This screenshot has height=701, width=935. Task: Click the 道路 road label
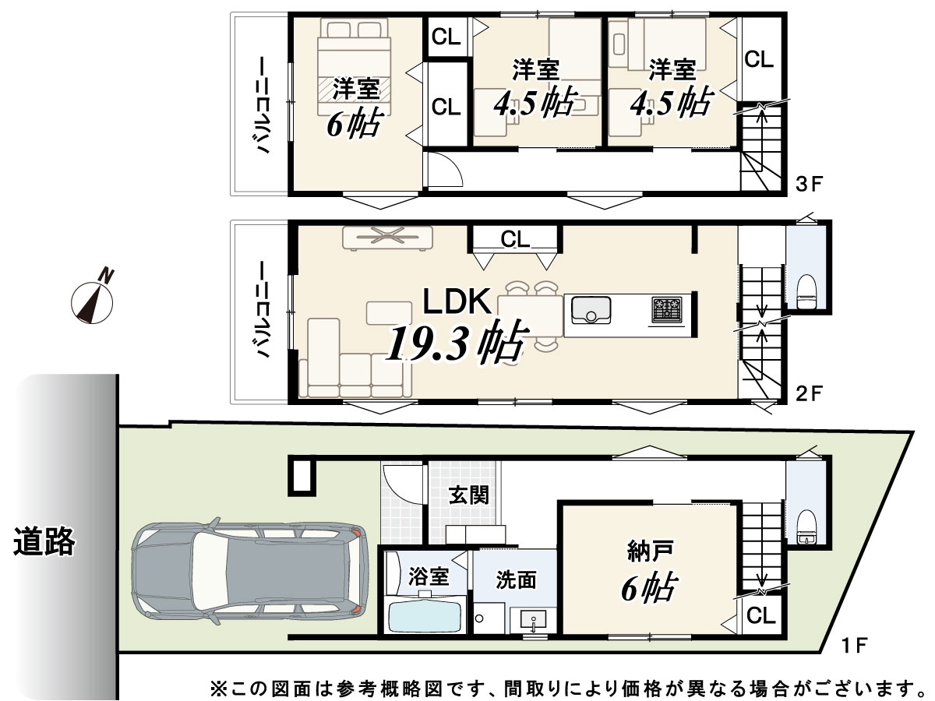[44, 541]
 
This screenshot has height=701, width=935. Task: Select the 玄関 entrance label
[468, 495]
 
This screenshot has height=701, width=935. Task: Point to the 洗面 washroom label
[516, 580]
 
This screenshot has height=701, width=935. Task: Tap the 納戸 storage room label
[650, 552]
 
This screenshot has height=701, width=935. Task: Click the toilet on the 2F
[806, 291]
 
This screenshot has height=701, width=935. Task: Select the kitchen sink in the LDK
[591, 310]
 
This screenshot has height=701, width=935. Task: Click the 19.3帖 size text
[457, 343]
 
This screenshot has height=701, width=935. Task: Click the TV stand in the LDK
[387, 238]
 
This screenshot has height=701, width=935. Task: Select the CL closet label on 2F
[515, 239]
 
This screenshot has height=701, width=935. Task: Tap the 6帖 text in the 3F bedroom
[353, 123]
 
